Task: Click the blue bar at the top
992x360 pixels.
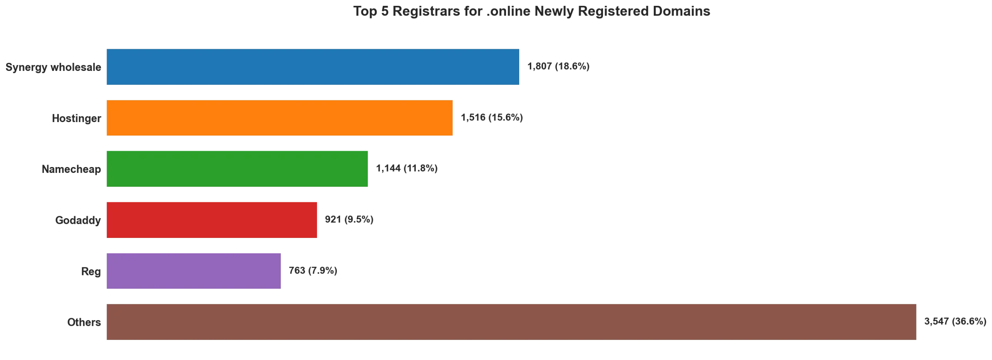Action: coord(313,67)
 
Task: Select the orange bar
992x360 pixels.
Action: coord(280,118)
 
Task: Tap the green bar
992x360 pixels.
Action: coord(237,169)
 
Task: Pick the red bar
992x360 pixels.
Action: coord(212,220)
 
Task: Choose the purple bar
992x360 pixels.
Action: coord(193,271)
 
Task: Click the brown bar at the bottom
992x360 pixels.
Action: coord(511,322)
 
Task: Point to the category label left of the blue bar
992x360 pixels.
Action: coord(53,67)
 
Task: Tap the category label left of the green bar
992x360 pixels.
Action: coord(71,169)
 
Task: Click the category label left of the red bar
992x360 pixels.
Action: coord(77,220)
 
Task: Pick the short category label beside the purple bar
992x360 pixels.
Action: coord(91,271)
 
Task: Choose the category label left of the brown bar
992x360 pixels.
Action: coord(84,322)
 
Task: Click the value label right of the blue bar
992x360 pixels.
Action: coord(559,67)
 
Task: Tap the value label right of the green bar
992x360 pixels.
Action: coord(408,169)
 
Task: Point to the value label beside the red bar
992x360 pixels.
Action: coord(349,220)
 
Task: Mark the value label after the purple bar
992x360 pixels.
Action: coord(313,271)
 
